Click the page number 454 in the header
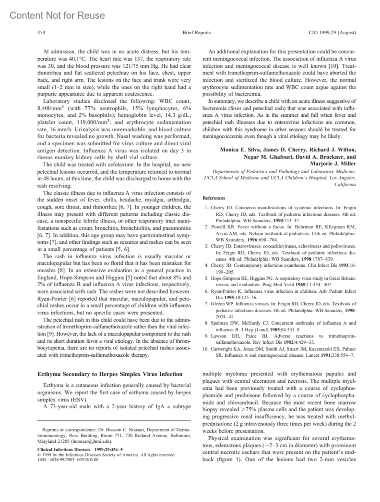pyautogui.click(x=41, y=32)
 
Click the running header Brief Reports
pyautogui.click(x=196, y=32)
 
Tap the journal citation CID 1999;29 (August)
pyautogui.click(x=332, y=32)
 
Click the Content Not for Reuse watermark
pyautogui.click(x=57, y=15)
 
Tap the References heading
pyautogui.click(x=214, y=198)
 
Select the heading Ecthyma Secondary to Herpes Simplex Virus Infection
pyautogui.click(x=110, y=374)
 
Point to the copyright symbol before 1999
pyautogui.click(x=39, y=455)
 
